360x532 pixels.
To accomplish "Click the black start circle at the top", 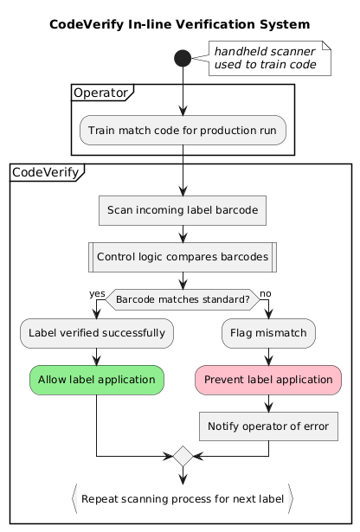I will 182,59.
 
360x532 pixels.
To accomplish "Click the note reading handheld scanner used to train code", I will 269,58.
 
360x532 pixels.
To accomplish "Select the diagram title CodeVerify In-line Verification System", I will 180,24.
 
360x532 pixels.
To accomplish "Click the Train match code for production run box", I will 183,130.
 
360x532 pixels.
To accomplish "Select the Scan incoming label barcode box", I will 183,210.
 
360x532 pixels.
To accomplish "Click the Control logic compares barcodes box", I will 183,257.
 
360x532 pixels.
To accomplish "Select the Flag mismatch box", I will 268,332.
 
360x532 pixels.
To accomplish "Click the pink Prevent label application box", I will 268,379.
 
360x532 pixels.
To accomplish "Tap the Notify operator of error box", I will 268,426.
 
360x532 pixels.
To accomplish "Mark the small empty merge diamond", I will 183,455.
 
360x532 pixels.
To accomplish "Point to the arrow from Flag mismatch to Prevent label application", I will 268,356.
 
